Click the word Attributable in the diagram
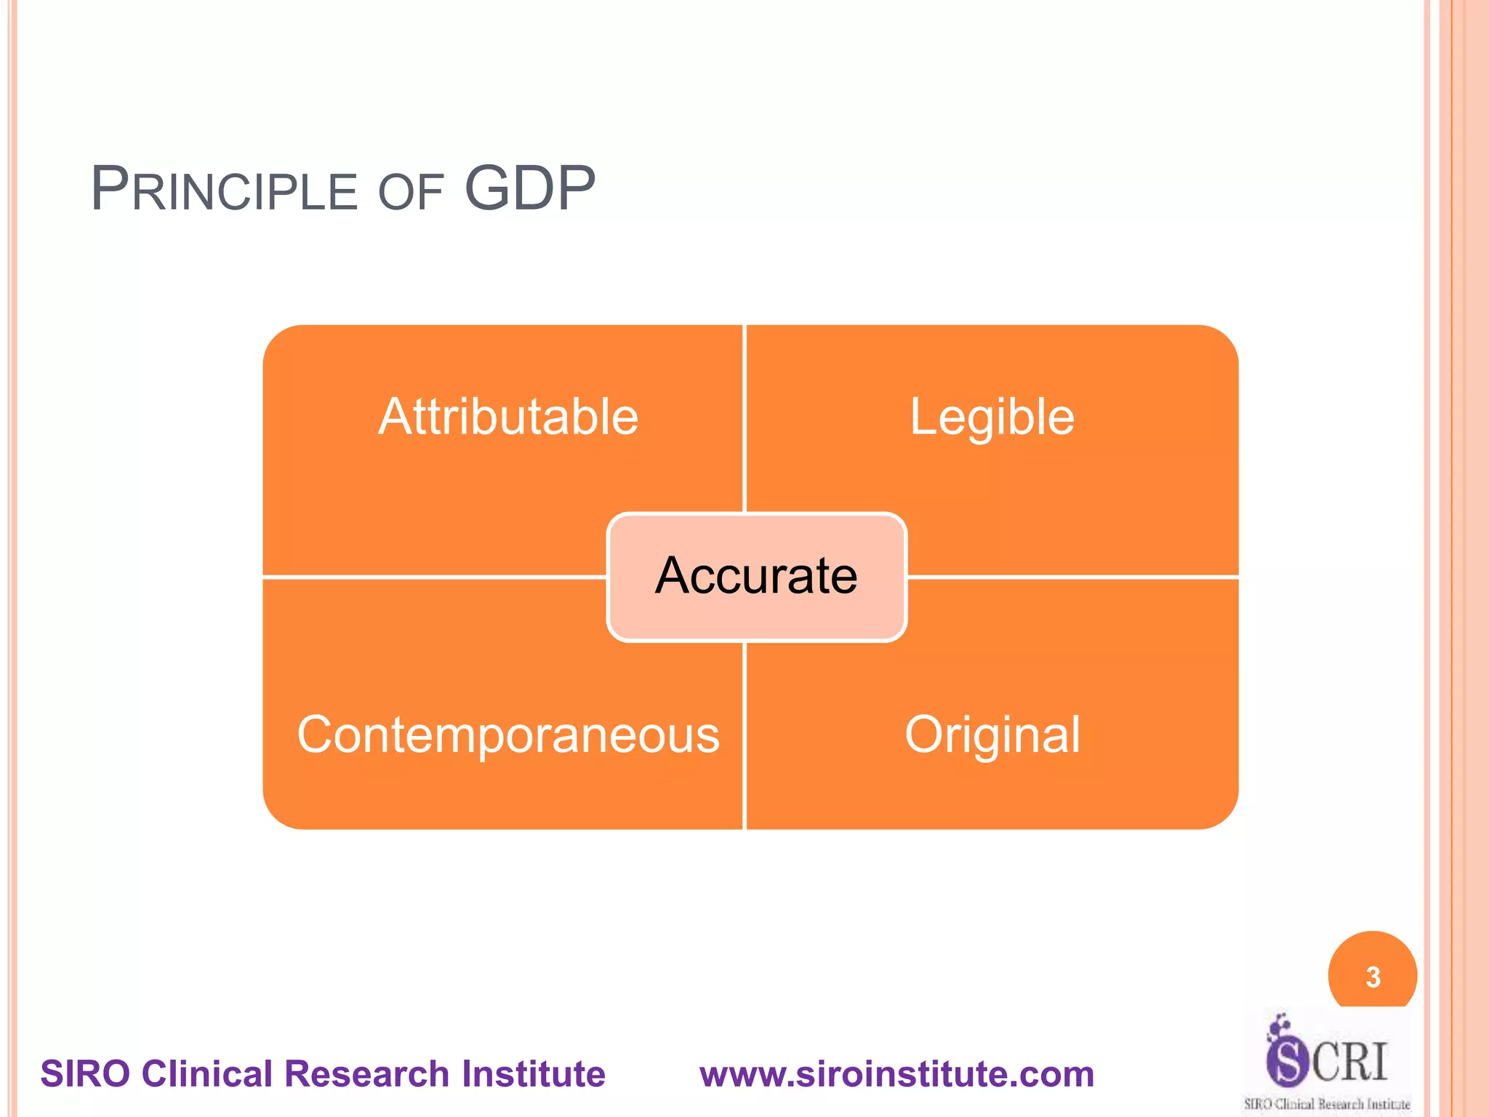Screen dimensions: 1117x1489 [x=508, y=417]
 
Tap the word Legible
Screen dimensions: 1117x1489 [x=992, y=417]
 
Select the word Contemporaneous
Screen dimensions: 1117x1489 [x=508, y=734]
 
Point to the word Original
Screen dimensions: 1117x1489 [x=992, y=734]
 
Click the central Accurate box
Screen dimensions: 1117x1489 [x=756, y=576]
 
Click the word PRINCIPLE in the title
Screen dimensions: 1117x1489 [x=224, y=190]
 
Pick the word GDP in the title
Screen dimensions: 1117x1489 [x=530, y=188]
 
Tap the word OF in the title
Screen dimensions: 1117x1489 [x=411, y=193]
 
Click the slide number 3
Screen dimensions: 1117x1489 [x=1373, y=977]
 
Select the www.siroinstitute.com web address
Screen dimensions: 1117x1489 [x=896, y=1074]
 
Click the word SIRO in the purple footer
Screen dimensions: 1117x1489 [x=86, y=1074]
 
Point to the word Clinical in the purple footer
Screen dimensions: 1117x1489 [x=207, y=1074]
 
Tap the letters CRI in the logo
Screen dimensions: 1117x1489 [x=1350, y=1062]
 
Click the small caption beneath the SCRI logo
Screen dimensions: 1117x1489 [x=1327, y=1104]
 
